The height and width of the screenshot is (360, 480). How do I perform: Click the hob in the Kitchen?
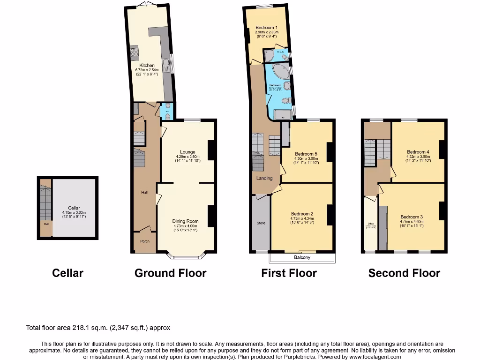(x=134, y=51)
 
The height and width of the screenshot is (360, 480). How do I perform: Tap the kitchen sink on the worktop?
(x=166, y=62)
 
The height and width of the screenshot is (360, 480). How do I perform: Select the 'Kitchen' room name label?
(x=147, y=66)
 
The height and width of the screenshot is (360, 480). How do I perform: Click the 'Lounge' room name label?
(x=187, y=152)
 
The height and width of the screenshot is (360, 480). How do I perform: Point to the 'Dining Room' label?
(x=186, y=221)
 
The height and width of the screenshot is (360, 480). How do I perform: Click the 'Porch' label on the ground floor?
(x=145, y=241)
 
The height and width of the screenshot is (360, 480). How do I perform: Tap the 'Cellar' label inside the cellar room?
(x=74, y=208)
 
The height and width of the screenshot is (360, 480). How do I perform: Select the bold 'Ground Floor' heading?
(x=170, y=273)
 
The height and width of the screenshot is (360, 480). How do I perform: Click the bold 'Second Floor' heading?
(x=404, y=273)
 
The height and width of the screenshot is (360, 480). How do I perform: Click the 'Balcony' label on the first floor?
(x=302, y=257)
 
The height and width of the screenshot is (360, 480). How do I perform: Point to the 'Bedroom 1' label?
(x=266, y=28)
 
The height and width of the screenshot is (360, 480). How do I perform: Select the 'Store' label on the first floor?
(x=261, y=223)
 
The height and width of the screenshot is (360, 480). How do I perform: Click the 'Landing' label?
(x=264, y=178)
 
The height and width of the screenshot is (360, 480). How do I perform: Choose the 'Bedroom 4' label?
(x=418, y=152)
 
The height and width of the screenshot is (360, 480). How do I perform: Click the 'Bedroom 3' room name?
(x=412, y=217)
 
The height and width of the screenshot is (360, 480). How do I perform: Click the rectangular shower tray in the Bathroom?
(x=282, y=113)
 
